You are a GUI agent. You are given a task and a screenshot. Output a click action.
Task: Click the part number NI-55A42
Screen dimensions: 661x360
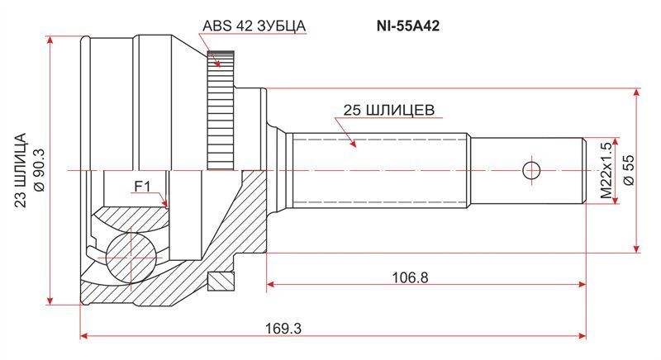click(x=407, y=26)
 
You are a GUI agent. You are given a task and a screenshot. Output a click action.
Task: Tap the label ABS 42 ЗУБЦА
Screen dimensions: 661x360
click(x=254, y=26)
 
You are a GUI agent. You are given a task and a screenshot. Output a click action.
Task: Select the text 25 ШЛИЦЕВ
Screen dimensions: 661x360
click(x=388, y=111)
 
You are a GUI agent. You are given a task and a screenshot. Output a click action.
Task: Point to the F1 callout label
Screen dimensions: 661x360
click(x=142, y=186)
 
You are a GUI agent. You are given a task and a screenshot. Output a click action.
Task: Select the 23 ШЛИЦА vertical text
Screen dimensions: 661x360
click(x=21, y=170)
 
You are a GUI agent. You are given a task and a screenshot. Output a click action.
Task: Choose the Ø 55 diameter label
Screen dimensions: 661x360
click(x=629, y=170)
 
